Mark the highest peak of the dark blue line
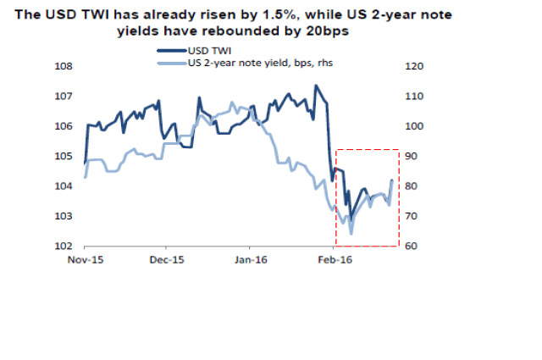click(316, 86)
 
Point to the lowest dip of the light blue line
click(351, 232)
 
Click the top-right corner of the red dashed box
click(399, 150)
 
